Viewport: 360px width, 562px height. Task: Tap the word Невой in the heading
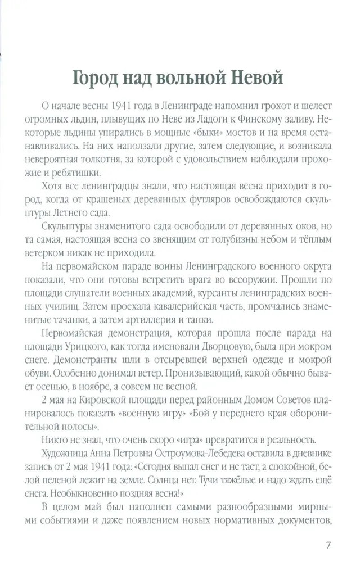coord(256,78)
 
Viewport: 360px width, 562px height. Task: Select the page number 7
coord(328,545)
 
